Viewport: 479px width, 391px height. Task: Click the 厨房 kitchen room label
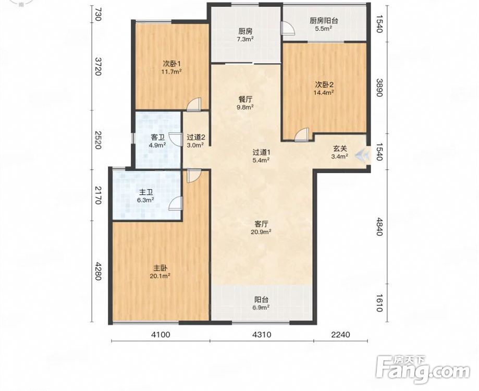245,31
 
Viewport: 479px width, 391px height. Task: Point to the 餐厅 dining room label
245,99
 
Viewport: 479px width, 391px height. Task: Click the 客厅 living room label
261,224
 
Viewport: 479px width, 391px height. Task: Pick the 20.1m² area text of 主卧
160,276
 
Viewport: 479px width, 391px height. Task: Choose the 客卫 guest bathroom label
157,138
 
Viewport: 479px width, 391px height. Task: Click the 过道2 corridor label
195,138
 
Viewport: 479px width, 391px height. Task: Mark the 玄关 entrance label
340,149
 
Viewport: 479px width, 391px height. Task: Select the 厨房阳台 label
324,21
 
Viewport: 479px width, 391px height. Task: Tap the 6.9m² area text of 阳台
261,308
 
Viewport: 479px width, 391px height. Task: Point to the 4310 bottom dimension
262,335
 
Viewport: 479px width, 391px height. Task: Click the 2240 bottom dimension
340,335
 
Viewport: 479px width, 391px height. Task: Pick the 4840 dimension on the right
379,227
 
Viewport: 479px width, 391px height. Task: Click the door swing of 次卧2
302,135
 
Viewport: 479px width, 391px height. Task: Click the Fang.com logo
423,370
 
